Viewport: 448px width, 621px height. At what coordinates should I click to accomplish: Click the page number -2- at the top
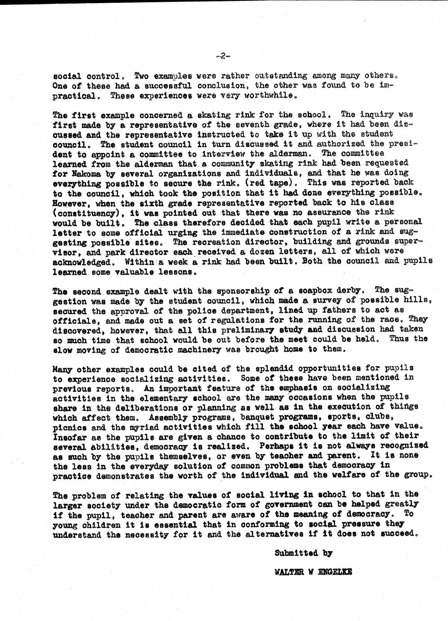tap(223, 57)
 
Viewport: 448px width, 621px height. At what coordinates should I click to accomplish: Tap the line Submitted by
tap(303, 553)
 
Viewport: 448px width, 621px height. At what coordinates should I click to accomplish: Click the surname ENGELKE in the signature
tap(335, 572)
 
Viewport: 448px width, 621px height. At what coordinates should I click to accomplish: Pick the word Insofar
tap(69, 436)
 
